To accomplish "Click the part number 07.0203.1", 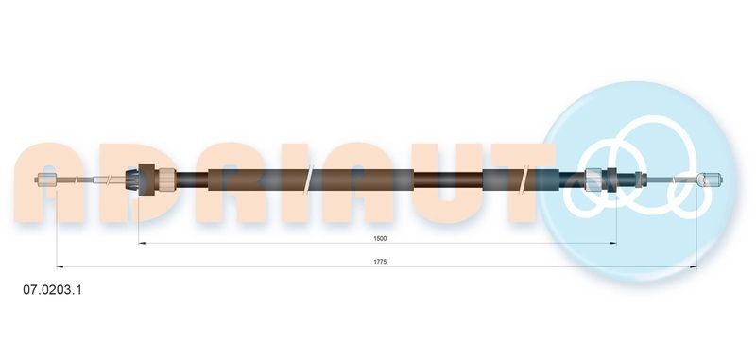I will [50, 292].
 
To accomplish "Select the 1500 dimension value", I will [380, 239].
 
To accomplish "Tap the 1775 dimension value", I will [380, 262].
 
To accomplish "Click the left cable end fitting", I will [45, 180].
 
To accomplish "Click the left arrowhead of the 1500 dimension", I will [143, 244].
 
